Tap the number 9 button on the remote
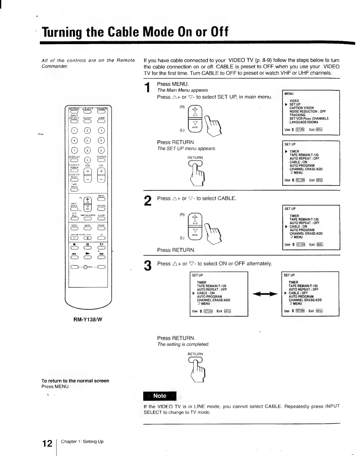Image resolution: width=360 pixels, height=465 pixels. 101,150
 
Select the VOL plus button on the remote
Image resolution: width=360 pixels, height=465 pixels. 87,171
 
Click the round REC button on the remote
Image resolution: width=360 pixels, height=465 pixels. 86,267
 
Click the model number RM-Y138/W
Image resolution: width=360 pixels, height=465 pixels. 88,319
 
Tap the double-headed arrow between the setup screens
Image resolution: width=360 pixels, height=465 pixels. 265,293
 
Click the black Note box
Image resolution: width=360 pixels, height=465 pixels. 160,396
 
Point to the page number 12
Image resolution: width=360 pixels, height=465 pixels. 47,443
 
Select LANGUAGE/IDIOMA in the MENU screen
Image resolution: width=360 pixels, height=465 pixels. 304,122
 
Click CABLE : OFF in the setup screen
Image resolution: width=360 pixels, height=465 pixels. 298,293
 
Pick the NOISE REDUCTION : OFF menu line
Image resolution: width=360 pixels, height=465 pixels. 307,111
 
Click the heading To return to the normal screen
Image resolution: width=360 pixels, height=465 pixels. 75,381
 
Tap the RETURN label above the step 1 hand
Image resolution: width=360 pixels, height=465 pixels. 195,158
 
